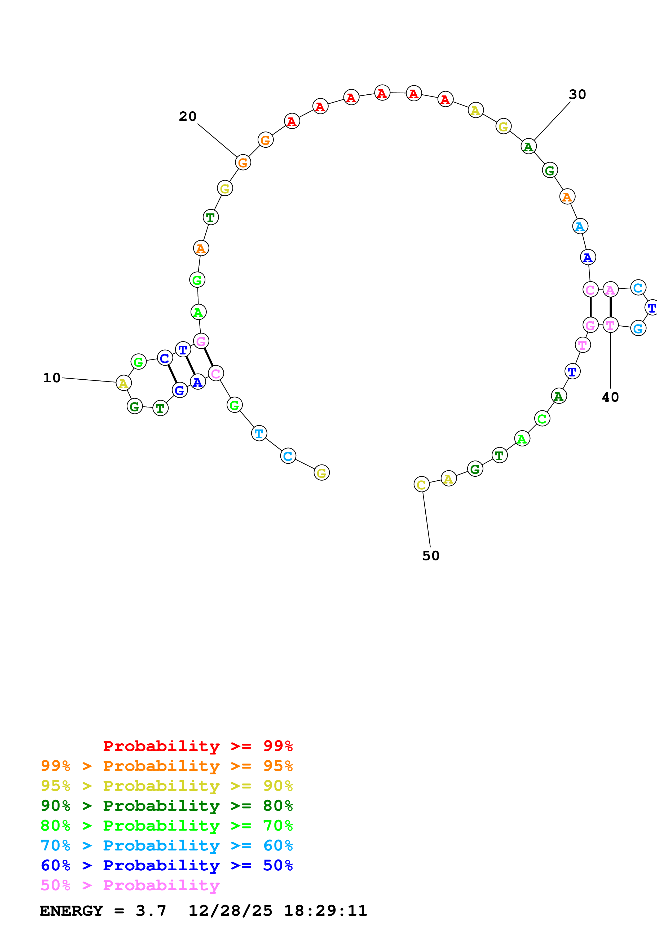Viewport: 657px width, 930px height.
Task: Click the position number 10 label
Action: pos(52,378)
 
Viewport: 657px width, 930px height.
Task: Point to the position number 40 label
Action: pos(610,397)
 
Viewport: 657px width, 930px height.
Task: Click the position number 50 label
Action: pos(431,556)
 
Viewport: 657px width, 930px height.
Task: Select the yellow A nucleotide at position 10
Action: pos(124,383)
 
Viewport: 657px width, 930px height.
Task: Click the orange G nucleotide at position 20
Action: pos(243,163)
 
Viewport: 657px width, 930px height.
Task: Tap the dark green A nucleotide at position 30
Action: pos(528,146)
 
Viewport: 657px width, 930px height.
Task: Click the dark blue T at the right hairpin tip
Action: pos(652,308)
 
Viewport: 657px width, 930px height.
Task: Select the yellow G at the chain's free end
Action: pos(321,472)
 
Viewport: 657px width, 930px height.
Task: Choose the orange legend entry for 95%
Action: pos(167,766)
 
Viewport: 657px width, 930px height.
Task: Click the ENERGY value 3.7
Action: pos(151,911)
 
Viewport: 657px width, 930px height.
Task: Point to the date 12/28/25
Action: pos(230,911)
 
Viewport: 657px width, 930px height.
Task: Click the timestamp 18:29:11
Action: pos(325,911)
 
